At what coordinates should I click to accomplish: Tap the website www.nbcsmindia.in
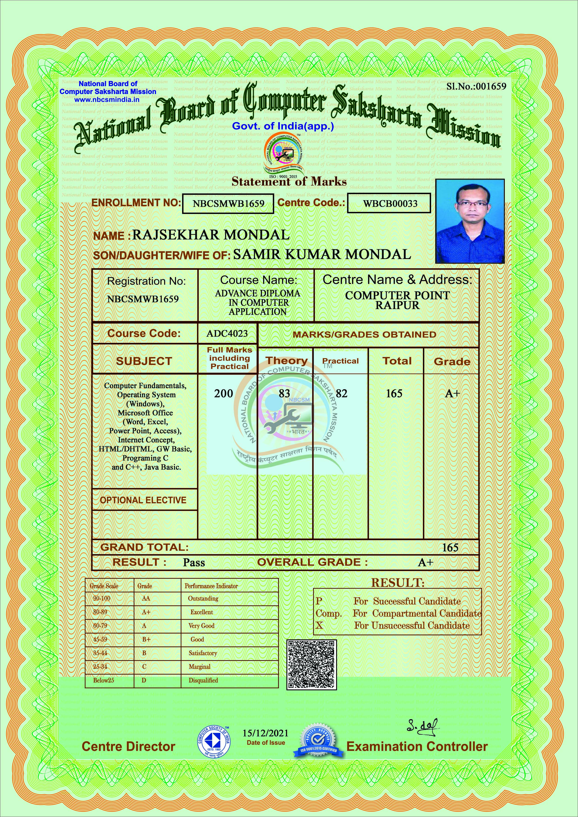106,100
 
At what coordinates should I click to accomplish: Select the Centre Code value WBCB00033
390,204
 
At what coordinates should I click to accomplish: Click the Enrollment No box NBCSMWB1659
228,203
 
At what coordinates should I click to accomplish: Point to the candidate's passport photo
470,221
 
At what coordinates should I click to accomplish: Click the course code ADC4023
227,333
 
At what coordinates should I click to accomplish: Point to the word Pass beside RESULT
194,563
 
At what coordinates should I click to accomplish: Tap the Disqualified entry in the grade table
203,680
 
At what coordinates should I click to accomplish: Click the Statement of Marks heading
289,182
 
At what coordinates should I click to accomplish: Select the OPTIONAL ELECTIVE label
143,500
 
